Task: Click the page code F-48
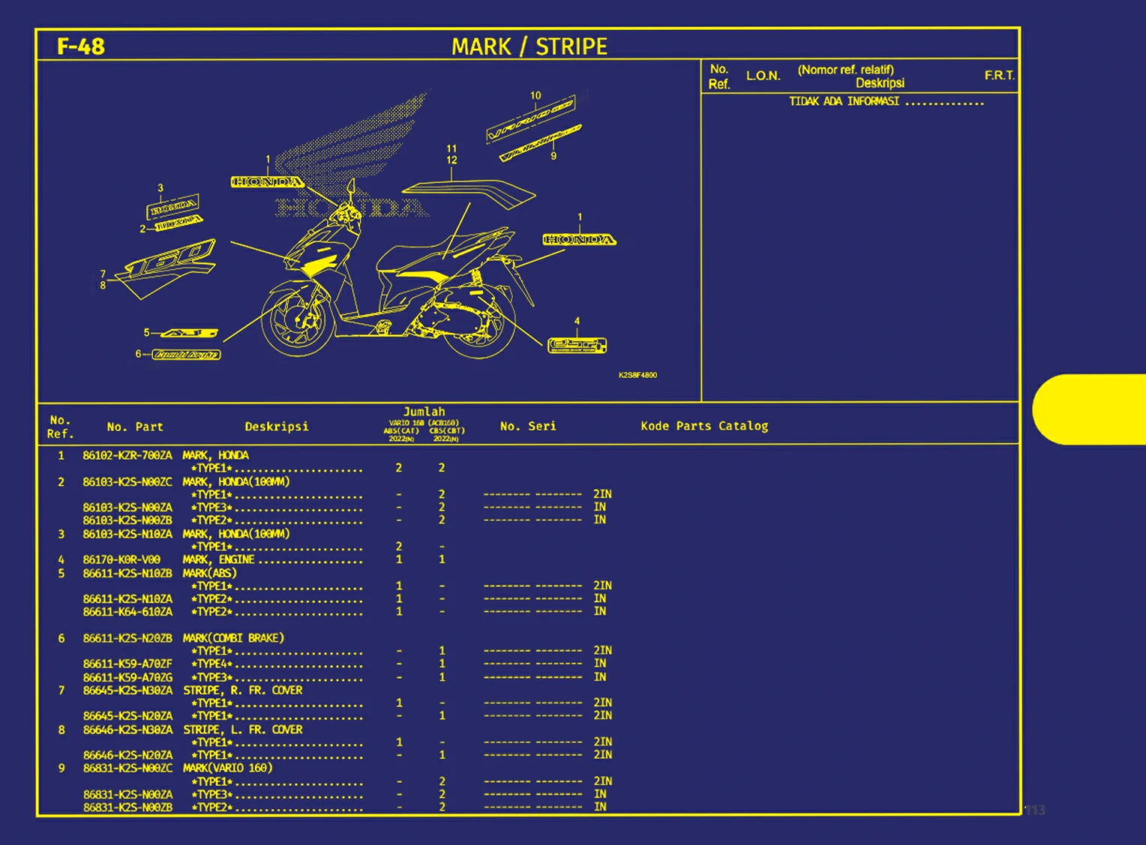pyautogui.click(x=80, y=46)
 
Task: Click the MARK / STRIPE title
pyautogui.click(x=529, y=46)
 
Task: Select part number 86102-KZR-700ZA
pyautogui.click(x=127, y=455)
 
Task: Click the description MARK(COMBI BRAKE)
pyautogui.click(x=233, y=638)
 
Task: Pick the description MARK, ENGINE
pyautogui.click(x=218, y=559)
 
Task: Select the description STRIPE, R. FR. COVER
pyautogui.click(x=242, y=690)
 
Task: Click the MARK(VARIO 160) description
pyautogui.click(x=227, y=768)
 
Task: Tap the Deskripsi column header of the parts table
pyautogui.click(x=276, y=427)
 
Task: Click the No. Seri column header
pyautogui.click(x=528, y=426)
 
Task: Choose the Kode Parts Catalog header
pyautogui.click(x=704, y=426)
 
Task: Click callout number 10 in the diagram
pyautogui.click(x=535, y=95)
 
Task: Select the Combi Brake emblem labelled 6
pyautogui.click(x=186, y=355)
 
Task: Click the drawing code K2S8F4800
pyautogui.click(x=637, y=375)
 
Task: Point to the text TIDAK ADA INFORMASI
pyautogui.click(x=844, y=101)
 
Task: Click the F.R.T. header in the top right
pyautogui.click(x=999, y=76)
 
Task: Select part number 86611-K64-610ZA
pyautogui.click(x=127, y=612)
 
